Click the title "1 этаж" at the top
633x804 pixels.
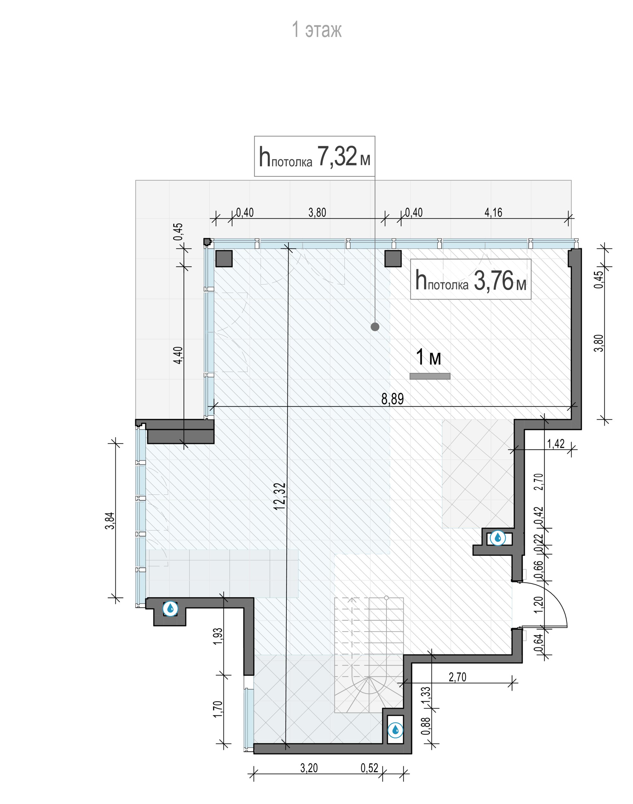coord(317,30)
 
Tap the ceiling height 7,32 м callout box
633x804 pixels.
coord(315,156)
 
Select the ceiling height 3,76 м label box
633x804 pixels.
coord(471,279)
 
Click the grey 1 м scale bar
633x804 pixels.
coord(430,376)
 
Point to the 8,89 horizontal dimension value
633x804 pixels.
coord(393,399)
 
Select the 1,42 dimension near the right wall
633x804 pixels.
coord(556,444)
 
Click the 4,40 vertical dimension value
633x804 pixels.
coord(178,355)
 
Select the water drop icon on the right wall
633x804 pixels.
coord(497,537)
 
